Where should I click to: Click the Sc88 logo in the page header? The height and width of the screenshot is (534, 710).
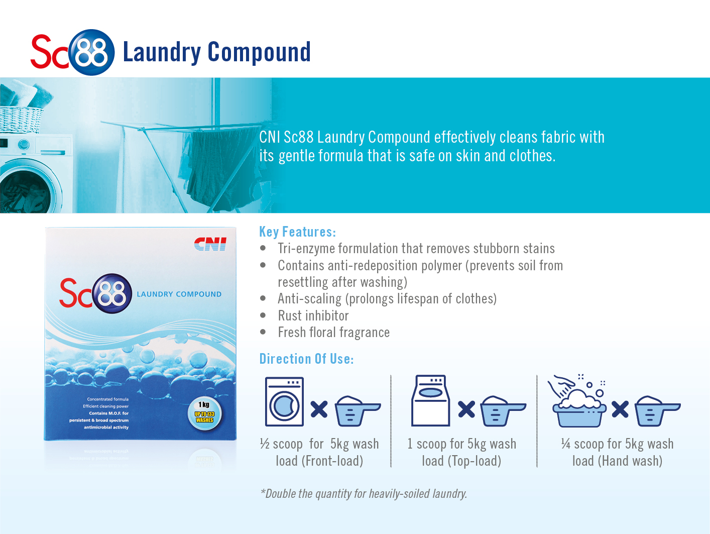(72, 52)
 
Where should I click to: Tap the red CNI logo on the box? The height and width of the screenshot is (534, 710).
(210, 244)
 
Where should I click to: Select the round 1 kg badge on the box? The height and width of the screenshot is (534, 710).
(204, 414)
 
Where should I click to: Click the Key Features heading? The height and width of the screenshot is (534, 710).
(298, 232)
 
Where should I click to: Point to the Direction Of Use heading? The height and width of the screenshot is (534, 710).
(307, 359)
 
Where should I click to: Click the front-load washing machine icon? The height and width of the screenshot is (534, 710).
(284, 401)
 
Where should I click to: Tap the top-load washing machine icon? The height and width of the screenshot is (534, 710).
(430, 401)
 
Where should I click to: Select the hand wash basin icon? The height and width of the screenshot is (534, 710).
(577, 401)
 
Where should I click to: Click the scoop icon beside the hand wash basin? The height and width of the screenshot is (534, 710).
(657, 411)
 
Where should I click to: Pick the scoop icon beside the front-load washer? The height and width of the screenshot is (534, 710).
(358, 411)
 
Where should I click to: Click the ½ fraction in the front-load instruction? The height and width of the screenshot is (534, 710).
(265, 444)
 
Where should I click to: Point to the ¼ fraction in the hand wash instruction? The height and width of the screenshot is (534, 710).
(566, 444)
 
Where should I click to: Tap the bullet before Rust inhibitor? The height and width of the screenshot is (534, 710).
(263, 315)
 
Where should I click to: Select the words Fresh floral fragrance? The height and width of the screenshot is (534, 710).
(334, 333)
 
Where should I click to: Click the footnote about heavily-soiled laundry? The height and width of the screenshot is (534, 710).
(364, 494)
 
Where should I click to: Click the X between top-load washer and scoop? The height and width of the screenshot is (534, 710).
(466, 409)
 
